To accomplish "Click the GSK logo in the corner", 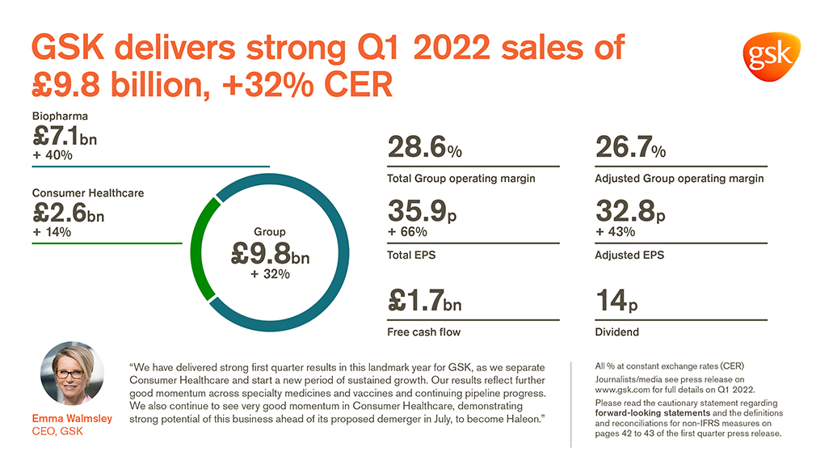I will coord(769,57).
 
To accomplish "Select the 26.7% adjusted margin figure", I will coord(630,148).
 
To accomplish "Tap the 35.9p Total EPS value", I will coord(423,213).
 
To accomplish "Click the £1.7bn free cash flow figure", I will coord(425,300).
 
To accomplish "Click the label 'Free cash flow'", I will coord(424,332).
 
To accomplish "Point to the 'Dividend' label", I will coord(617,332).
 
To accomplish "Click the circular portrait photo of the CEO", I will coord(72,374).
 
